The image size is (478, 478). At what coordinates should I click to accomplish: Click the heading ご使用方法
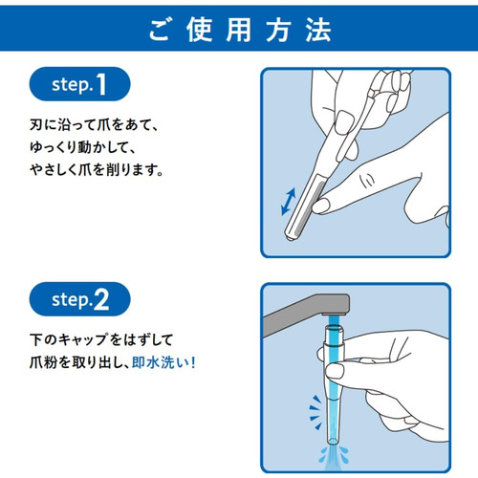pos(239,28)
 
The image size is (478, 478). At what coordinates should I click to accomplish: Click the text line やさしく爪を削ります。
pos(96,172)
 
